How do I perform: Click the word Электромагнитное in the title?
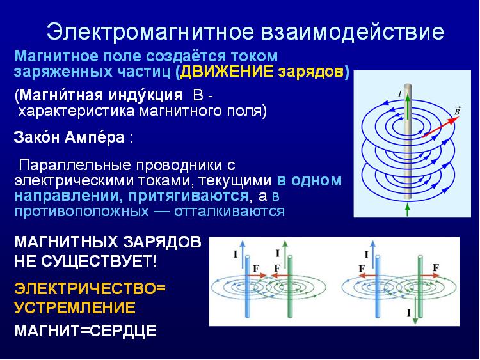[x=150, y=32]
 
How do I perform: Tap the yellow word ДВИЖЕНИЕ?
[x=227, y=72]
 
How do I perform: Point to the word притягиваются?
[x=188, y=196]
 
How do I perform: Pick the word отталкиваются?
[x=229, y=211]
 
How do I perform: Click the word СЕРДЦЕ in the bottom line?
[x=124, y=331]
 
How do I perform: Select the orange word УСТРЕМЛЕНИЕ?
[x=75, y=308]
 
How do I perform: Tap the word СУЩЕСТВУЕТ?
[x=99, y=261]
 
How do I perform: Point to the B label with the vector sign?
[x=457, y=111]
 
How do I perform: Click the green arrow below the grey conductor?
[x=407, y=209]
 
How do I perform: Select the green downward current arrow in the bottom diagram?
[x=415, y=310]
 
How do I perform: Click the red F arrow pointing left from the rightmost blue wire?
[x=367, y=276]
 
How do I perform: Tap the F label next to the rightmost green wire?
[x=436, y=268]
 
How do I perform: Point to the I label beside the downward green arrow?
[x=409, y=313]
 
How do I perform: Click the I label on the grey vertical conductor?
[x=400, y=93]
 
